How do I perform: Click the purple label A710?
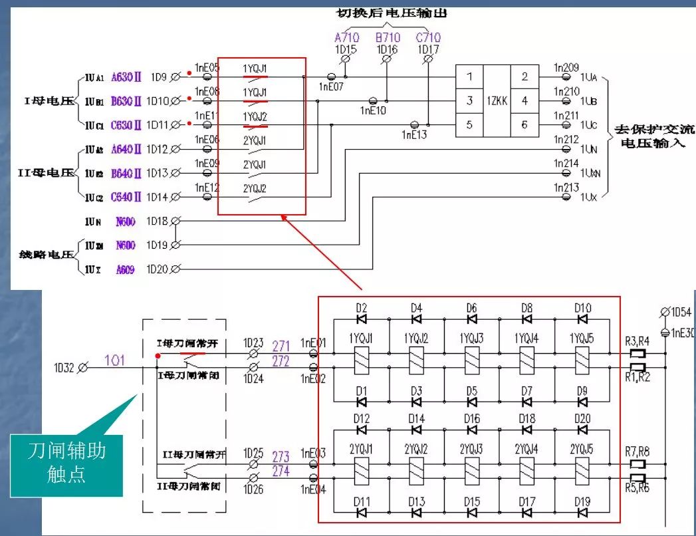pyautogui.click(x=346, y=38)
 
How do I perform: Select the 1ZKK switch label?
pyautogui.click(x=497, y=100)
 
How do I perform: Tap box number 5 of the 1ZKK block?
pyautogui.click(x=469, y=124)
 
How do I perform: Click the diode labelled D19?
pyautogui.click(x=582, y=512)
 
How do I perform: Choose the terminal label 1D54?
pyautogui.click(x=679, y=312)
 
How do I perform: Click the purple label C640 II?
pyautogui.click(x=126, y=197)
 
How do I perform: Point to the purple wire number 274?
pyautogui.click(x=281, y=471)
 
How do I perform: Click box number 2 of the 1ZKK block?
pyautogui.click(x=524, y=76)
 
